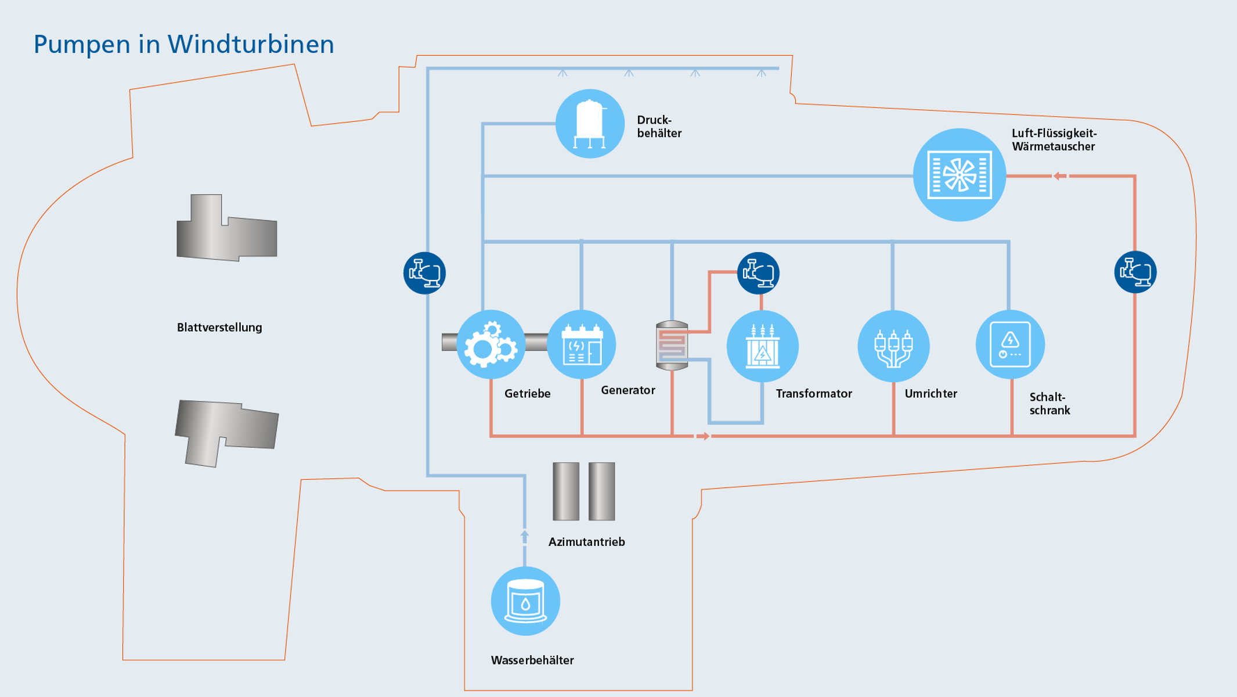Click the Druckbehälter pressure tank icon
(590, 124)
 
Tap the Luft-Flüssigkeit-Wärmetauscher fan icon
(960, 175)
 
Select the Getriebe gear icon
(491, 345)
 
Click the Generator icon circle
(582, 345)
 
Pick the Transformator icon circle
(762, 346)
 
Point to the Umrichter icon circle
(893, 346)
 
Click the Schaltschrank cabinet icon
(1010, 344)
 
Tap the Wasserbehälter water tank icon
(525, 601)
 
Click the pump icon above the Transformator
(758, 273)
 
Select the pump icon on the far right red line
(1135, 272)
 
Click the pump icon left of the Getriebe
(424, 273)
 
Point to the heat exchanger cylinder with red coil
(672, 346)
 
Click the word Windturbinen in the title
(251, 45)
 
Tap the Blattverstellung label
(219, 328)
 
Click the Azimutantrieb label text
(586, 542)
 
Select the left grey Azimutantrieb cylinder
(566, 491)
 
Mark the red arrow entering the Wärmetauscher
(1059, 175)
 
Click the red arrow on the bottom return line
(702, 436)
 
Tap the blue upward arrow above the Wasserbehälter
(525, 536)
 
